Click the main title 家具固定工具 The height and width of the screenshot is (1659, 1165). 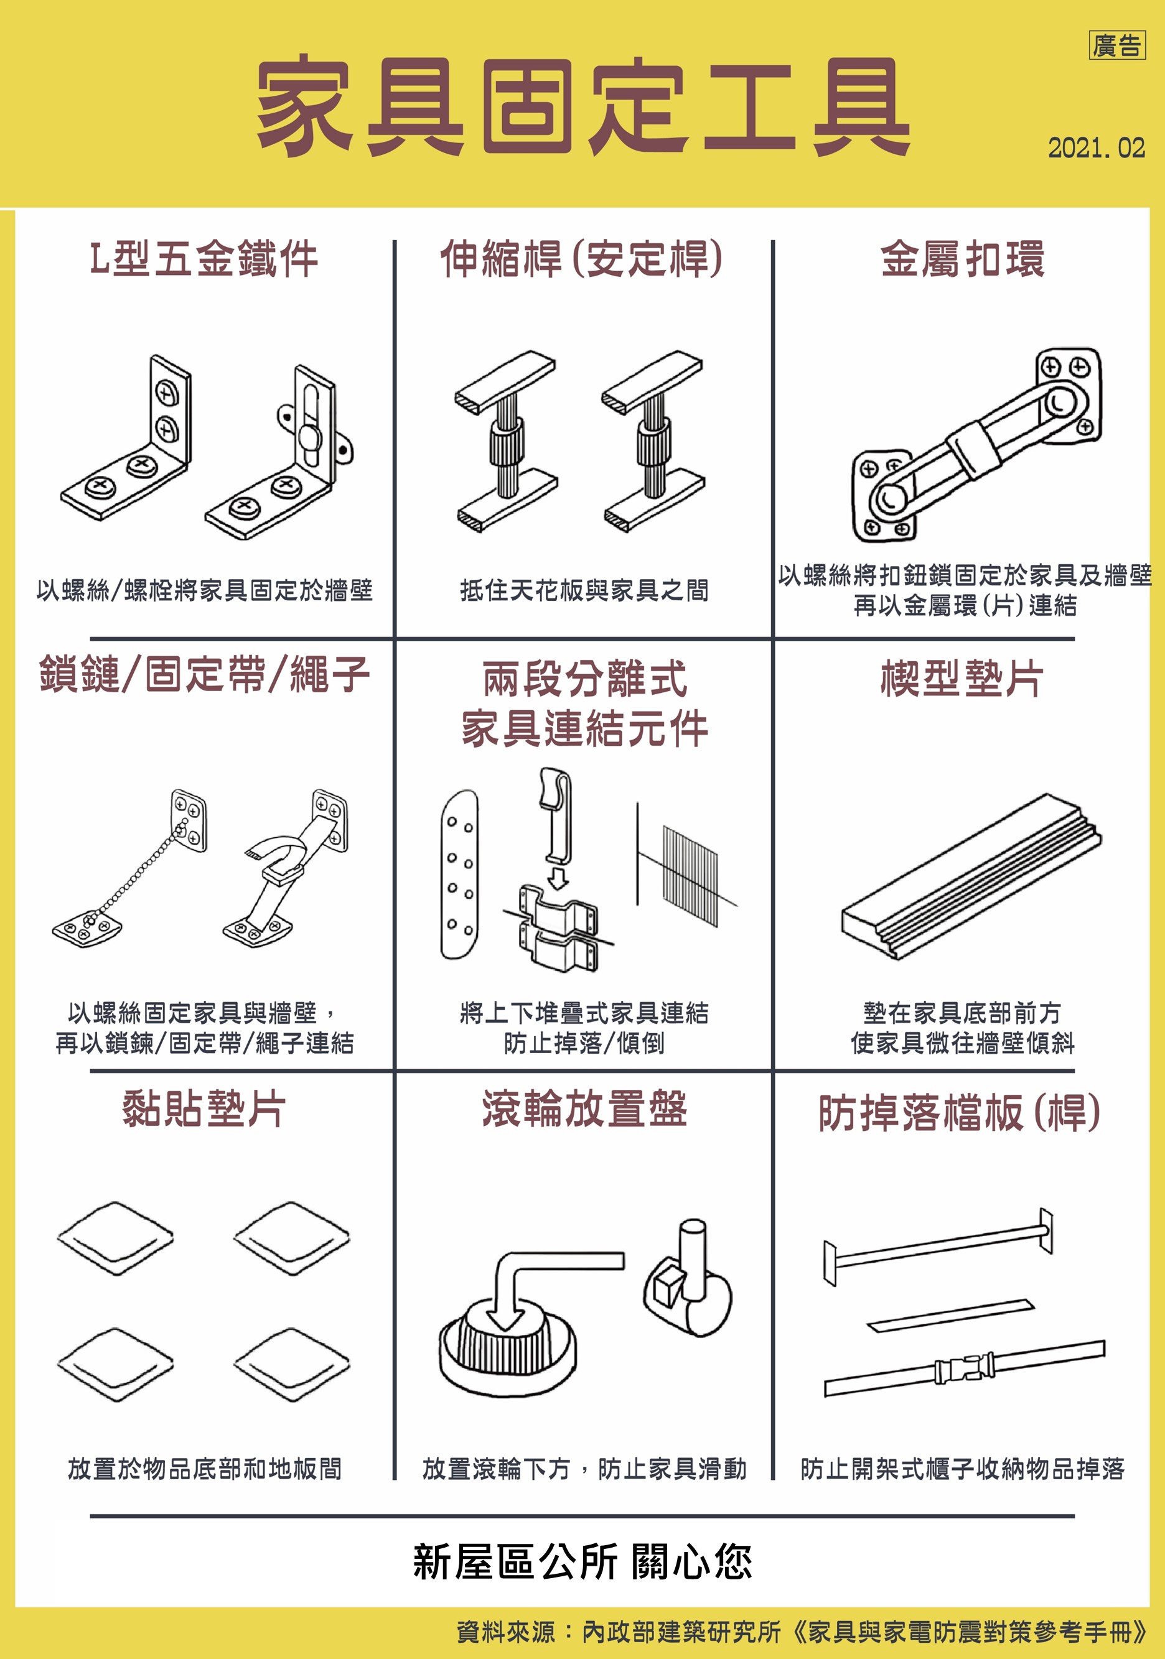[x=582, y=106]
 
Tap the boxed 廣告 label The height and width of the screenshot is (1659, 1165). [x=1116, y=45]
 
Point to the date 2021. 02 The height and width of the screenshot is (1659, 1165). [x=1097, y=148]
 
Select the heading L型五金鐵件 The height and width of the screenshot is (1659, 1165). [x=204, y=258]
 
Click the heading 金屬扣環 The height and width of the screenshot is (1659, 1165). [x=962, y=258]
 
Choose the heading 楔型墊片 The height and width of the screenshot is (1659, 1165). [x=962, y=679]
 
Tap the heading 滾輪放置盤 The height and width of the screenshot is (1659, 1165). [x=584, y=1109]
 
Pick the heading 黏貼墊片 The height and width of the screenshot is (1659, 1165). [x=204, y=1109]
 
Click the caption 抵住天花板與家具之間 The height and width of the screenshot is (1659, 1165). [x=584, y=590]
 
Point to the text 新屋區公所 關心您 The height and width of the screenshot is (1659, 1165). [x=582, y=1562]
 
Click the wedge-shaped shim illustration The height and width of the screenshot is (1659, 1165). [x=971, y=876]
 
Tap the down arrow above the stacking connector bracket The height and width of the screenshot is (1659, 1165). [x=557, y=878]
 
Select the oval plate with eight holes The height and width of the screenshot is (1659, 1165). [x=460, y=875]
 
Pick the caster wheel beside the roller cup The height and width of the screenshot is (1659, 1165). [x=688, y=1280]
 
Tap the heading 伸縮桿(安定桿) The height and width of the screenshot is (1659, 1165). [x=582, y=258]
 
